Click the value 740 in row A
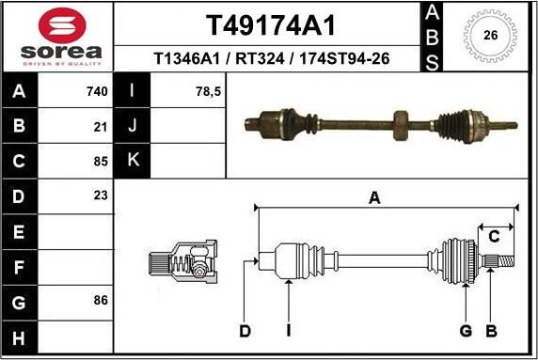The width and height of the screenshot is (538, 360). [98, 91]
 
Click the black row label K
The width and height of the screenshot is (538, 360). [133, 161]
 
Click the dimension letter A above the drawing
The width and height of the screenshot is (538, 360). [374, 198]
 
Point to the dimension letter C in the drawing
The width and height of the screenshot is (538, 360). [494, 236]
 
